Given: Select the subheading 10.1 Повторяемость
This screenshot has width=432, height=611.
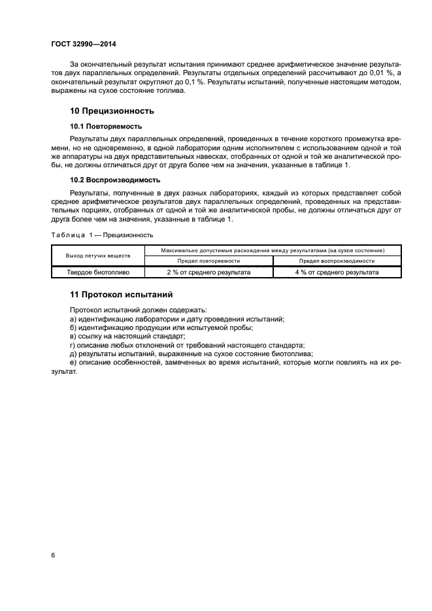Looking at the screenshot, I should click(106, 125).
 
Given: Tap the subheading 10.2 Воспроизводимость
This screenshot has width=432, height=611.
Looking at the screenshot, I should click(114, 179).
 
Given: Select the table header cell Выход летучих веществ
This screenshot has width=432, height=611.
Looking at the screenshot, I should click(97, 255).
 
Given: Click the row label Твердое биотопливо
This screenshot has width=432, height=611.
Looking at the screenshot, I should click(97, 272).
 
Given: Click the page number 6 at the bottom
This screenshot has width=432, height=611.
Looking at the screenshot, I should click(52, 555).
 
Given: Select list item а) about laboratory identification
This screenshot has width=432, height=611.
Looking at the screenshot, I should click(176, 318).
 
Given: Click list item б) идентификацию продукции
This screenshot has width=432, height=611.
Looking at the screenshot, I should click(161, 327).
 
